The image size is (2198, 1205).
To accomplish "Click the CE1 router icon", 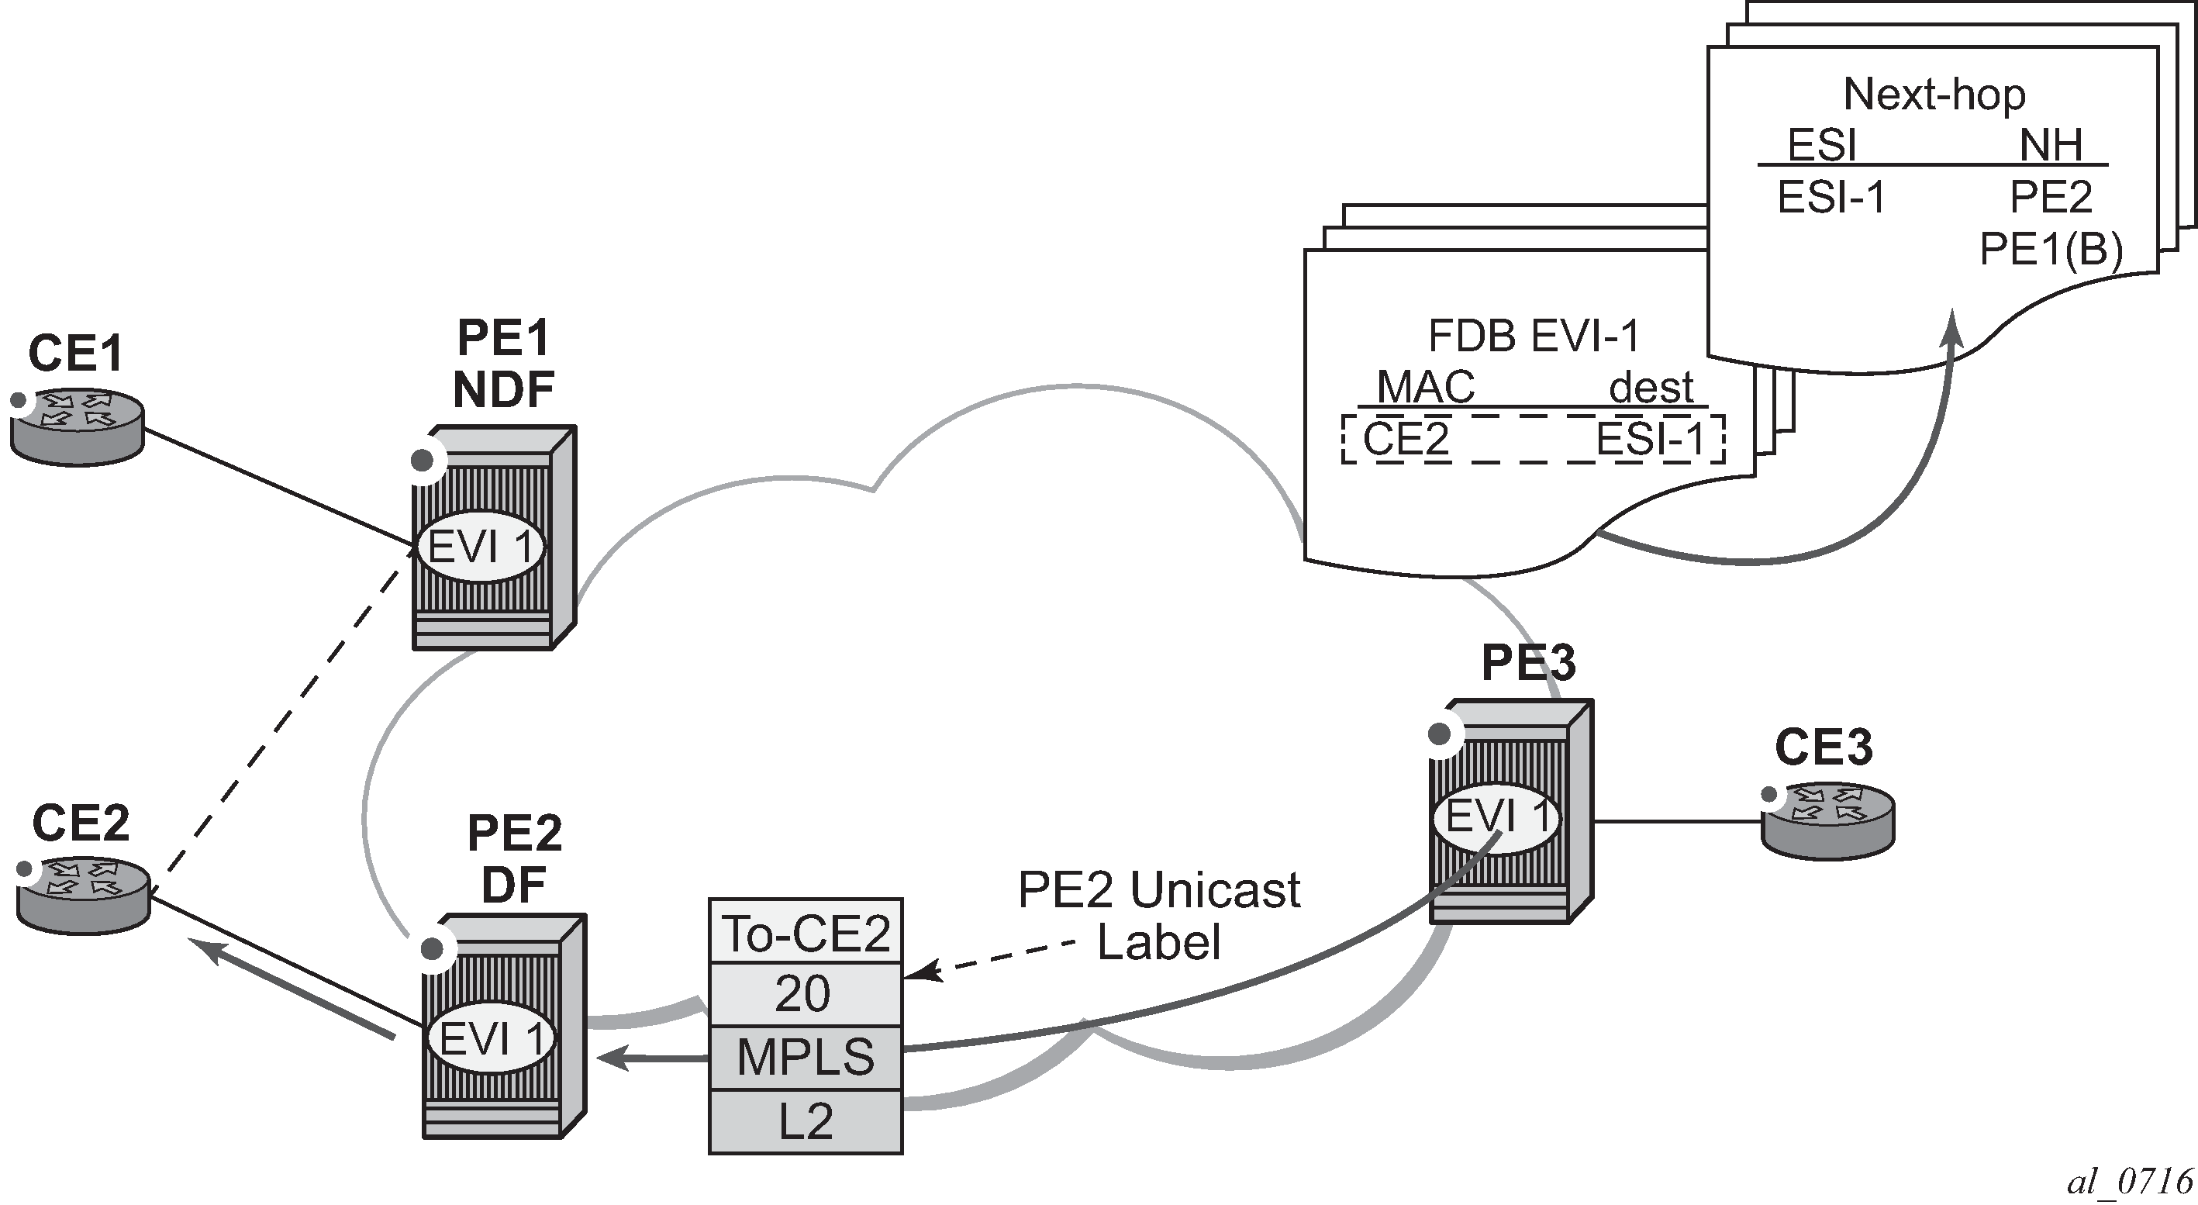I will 77,426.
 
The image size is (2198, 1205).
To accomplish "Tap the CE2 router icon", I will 84,896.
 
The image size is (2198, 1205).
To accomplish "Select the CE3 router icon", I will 1827,821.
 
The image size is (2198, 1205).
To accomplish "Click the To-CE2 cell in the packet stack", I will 806,933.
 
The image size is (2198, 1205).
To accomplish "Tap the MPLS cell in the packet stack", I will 806,1058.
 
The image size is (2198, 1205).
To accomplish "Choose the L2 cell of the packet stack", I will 806,1121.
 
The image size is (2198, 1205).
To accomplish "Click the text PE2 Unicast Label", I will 1159,916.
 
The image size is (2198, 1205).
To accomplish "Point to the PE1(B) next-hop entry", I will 2051,249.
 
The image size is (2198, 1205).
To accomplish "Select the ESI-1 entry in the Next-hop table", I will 1831,198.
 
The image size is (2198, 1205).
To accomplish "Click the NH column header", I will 2051,145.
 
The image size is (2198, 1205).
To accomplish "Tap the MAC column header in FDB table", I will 1426,388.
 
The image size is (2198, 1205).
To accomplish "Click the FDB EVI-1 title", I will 1534,337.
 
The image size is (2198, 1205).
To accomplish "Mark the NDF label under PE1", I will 503,390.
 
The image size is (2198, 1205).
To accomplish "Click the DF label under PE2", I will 514,885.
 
